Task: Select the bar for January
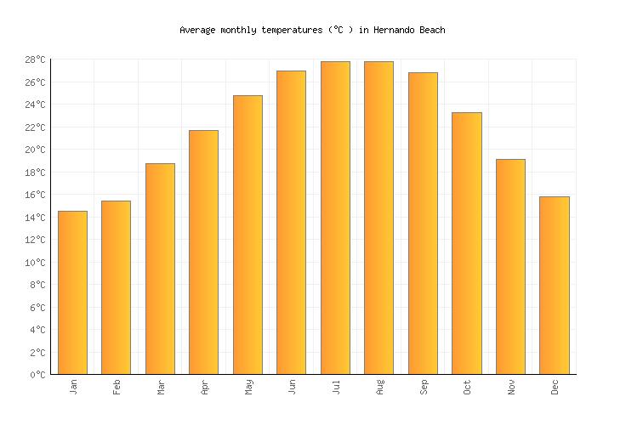pos(72,292)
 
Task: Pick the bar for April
pos(203,252)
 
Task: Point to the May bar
pos(248,235)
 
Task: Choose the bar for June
pos(291,223)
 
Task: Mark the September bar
pos(423,224)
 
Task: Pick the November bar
pos(510,267)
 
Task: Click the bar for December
pos(554,286)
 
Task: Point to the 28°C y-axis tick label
pos(36,60)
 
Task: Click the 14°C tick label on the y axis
pos(36,218)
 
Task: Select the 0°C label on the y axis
pos(38,375)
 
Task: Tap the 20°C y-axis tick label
pos(36,150)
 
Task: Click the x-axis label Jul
pos(336,387)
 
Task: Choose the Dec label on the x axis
pos(555,387)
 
